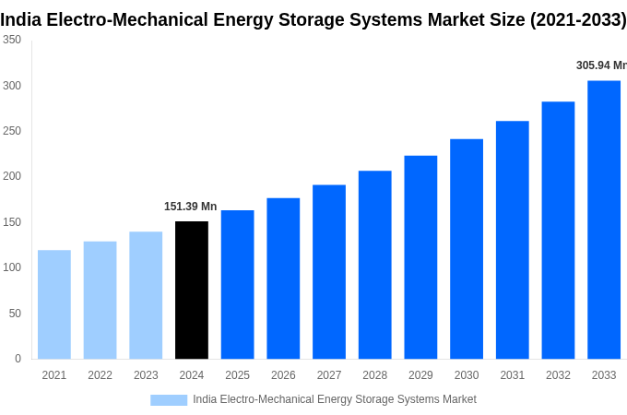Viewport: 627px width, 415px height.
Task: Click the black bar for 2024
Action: tap(192, 290)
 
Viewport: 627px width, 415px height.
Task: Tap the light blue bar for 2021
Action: tap(54, 304)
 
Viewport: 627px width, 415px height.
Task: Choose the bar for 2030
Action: tap(467, 249)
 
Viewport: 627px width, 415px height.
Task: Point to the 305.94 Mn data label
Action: tap(600, 65)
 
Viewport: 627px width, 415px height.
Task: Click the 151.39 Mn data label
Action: tap(191, 207)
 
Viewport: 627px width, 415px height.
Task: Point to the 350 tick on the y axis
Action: tap(12, 40)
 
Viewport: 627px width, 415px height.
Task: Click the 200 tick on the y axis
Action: tap(12, 176)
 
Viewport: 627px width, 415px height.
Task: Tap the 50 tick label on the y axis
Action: tap(15, 314)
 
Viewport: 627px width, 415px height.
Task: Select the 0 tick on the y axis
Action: tap(18, 359)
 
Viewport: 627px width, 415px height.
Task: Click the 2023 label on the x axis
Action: tap(146, 375)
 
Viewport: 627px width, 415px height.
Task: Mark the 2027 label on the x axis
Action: tap(329, 375)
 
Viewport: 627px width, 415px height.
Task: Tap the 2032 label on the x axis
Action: tap(558, 375)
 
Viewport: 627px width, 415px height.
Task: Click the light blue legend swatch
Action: tap(169, 399)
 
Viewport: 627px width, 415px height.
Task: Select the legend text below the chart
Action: tap(334, 399)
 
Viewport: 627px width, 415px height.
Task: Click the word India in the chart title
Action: tap(19, 19)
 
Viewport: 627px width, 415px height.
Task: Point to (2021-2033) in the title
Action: tap(577, 19)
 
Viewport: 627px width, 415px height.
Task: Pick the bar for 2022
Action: tap(100, 300)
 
